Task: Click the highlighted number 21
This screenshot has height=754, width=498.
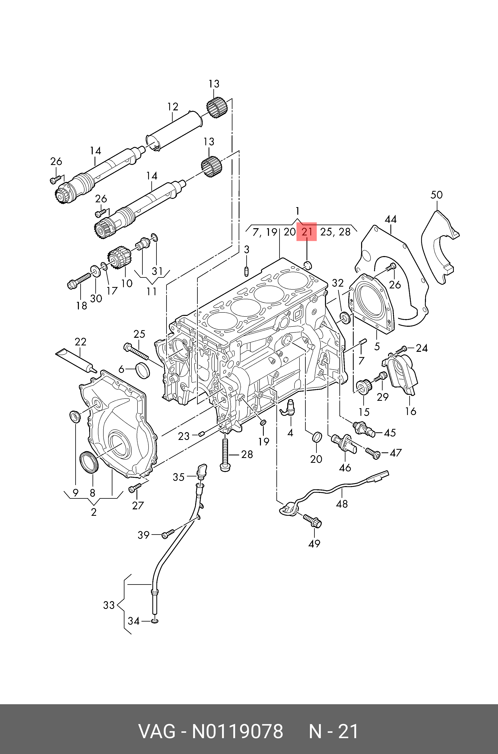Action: pos(307,232)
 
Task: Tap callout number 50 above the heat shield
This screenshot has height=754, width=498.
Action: pos(436,195)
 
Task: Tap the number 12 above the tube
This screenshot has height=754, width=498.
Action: pos(173,107)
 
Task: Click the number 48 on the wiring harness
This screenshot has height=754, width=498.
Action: pos(342,504)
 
